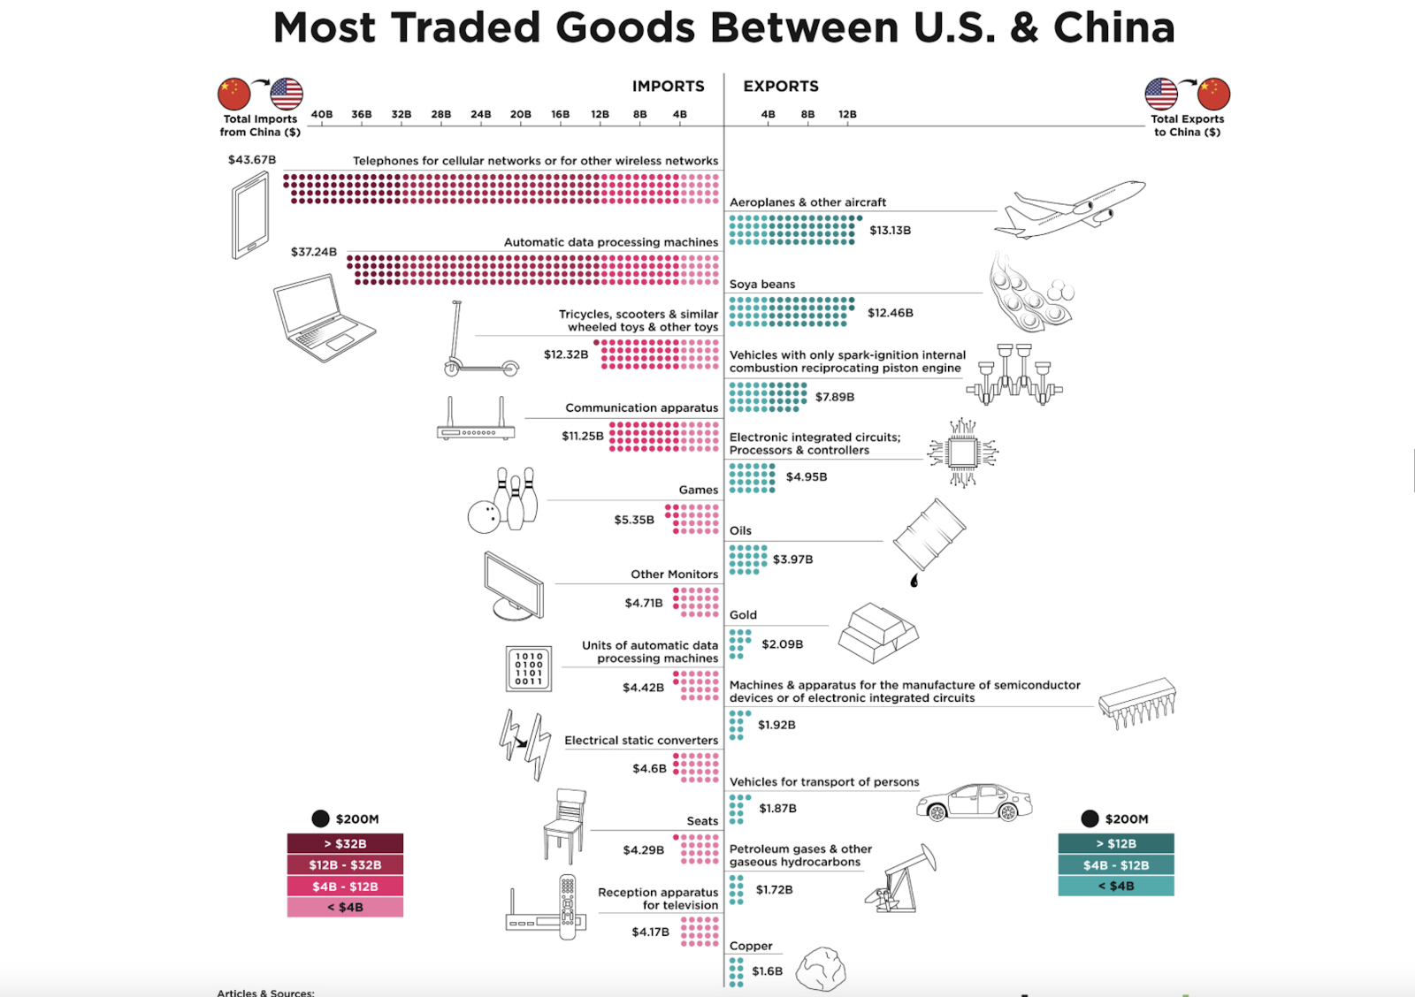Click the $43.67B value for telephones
pos(252,160)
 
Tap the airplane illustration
pos(1070,209)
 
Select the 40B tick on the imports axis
pos(322,114)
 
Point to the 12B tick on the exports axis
pos(847,114)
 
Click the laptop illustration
pos(324,317)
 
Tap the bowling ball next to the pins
pos(484,517)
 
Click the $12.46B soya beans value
pos(891,313)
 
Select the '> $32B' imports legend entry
pos(345,843)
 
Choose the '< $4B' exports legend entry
pos(1116,886)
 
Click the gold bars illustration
pos(878,633)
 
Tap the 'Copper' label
pos(751,946)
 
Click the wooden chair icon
pos(565,826)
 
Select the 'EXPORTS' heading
pos(781,87)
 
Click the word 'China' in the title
pos(1114,27)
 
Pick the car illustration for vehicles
pos(974,802)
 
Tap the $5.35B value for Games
pos(634,520)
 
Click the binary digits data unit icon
pos(529,669)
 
